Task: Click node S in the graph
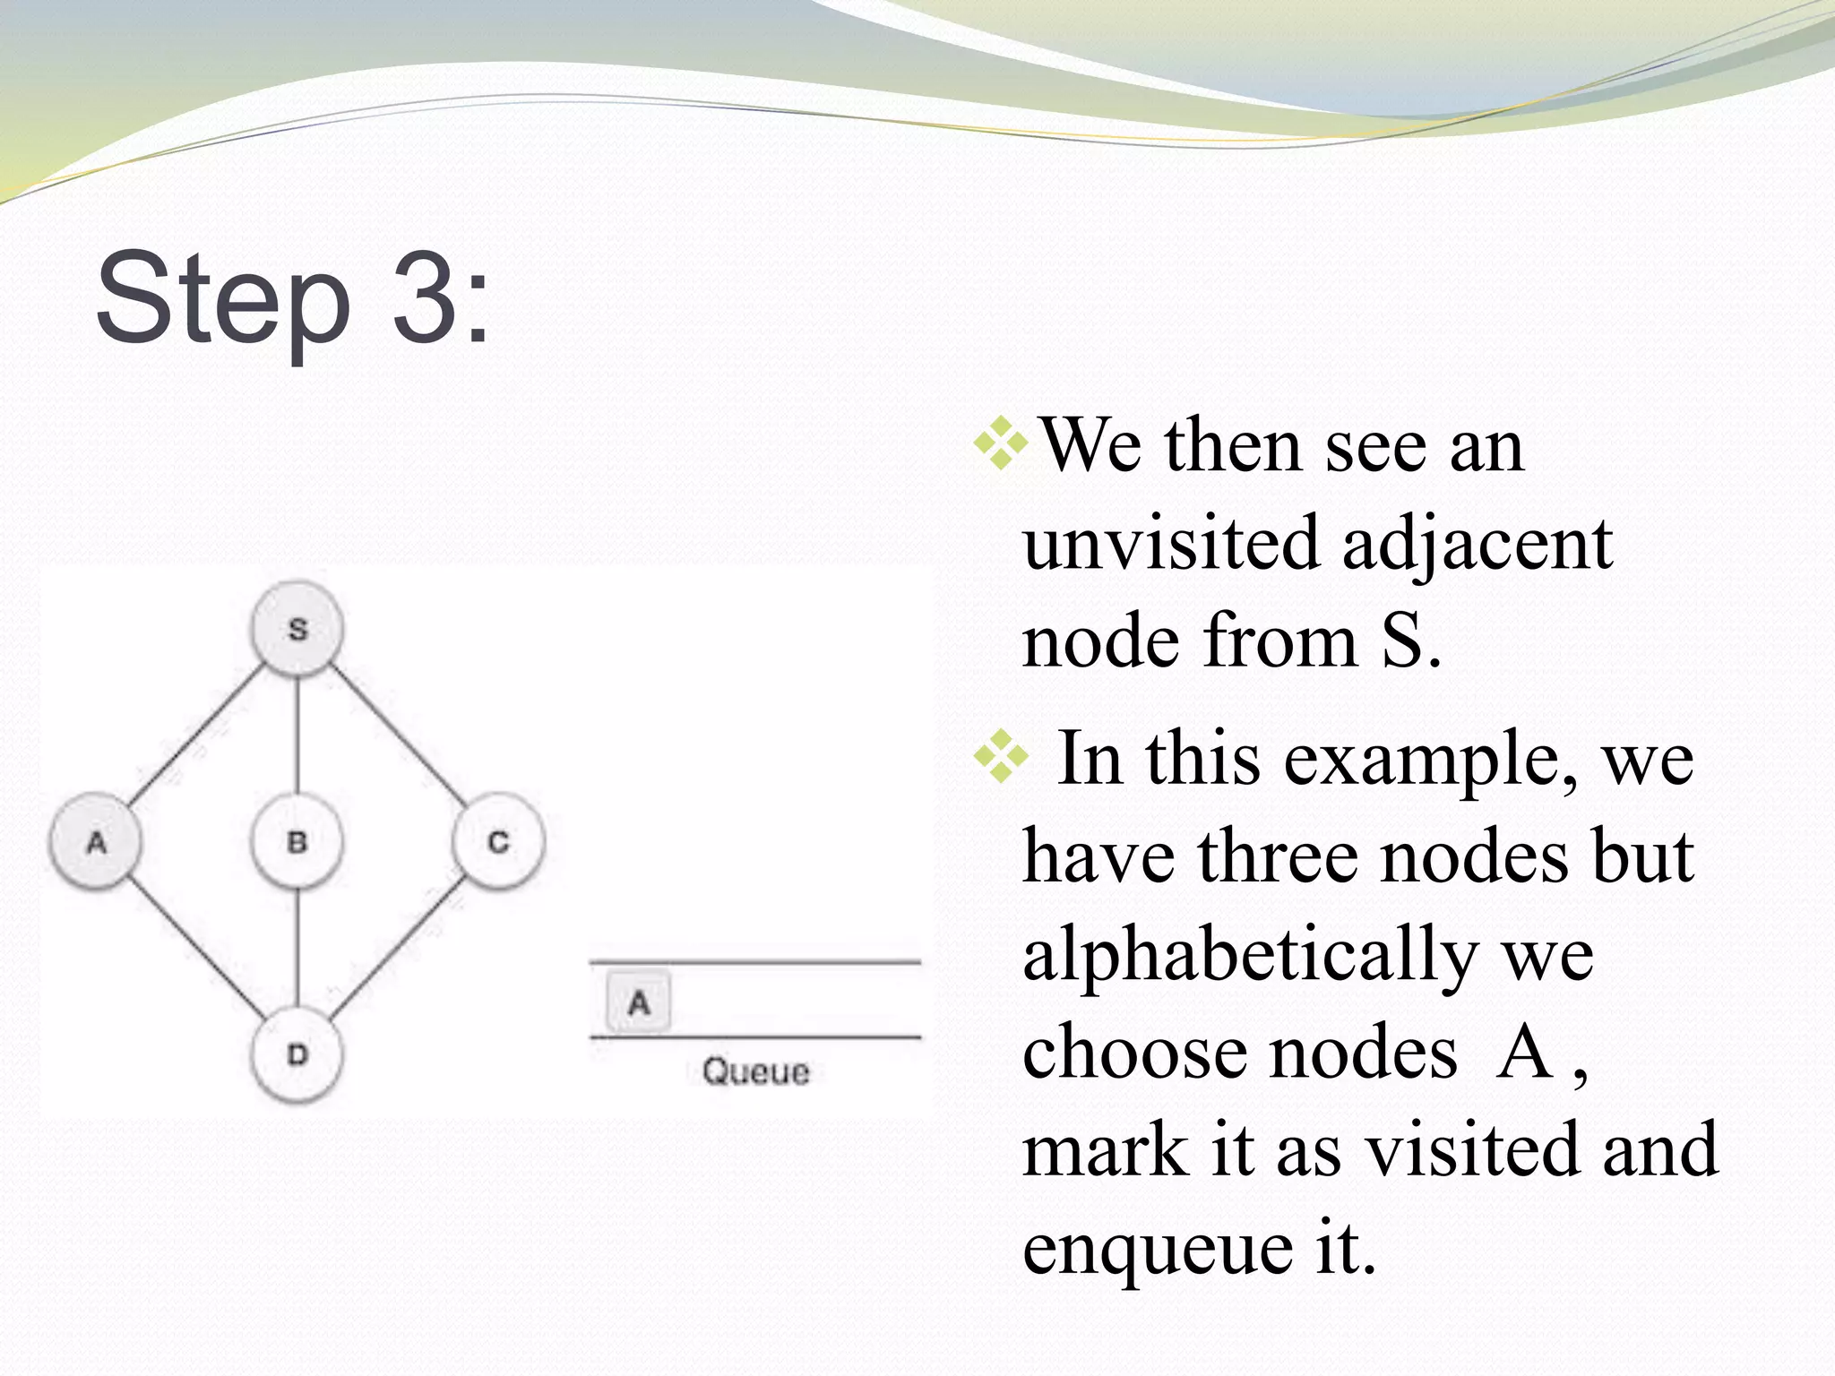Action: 297,629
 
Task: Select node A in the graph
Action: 96,842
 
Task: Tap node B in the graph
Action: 297,842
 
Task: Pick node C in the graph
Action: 498,842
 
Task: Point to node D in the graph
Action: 297,1054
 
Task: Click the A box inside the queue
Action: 638,1002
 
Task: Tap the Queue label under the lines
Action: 755,1071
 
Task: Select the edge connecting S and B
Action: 297,735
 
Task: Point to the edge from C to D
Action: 398,950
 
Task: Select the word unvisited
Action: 1170,543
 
